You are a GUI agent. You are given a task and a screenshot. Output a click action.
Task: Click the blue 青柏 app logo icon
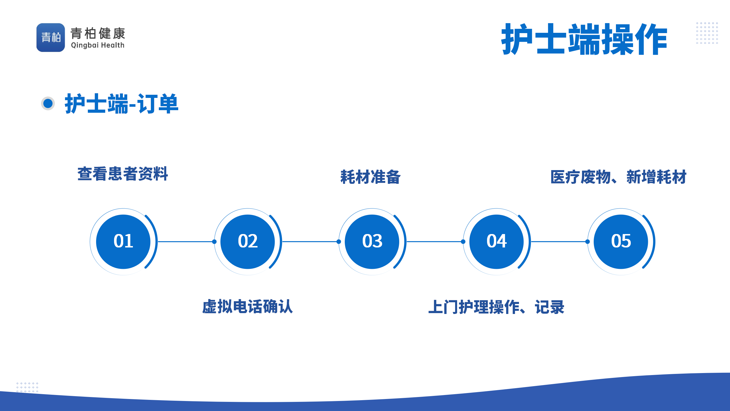(x=51, y=37)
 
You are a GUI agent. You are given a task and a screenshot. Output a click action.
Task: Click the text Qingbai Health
(x=98, y=45)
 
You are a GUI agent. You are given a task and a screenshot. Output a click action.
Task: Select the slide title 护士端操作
(x=584, y=39)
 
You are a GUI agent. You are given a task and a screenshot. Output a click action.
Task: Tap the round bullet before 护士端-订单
(x=48, y=103)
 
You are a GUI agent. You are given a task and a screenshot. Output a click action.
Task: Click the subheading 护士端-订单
(x=122, y=104)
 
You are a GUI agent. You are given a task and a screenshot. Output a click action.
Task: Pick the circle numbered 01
(x=123, y=242)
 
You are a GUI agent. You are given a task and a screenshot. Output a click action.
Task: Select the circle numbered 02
(x=248, y=242)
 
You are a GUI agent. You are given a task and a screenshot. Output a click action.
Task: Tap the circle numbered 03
(x=372, y=242)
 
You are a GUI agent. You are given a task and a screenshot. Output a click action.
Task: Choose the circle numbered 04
(x=496, y=242)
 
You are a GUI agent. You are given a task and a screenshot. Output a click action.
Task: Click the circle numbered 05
(x=621, y=242)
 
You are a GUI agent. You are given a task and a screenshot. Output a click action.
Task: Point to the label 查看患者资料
(x=123, y=174)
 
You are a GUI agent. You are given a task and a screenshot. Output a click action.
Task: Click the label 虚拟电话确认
(x=248, y=307)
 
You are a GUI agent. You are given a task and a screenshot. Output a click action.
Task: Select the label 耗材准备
(x=371, y=177)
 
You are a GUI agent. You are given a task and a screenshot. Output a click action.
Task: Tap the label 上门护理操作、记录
(x=496, y=307)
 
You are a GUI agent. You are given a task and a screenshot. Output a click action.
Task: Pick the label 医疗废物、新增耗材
(x=619, y=177)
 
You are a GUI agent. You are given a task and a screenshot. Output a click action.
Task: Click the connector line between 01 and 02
(x=186, y=242)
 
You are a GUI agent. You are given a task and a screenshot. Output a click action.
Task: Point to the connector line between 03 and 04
(x=435, y=242)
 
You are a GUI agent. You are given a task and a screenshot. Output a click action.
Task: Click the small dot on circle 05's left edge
(x=587, y=242)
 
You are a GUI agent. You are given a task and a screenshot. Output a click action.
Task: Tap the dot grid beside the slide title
(x=707, y=33)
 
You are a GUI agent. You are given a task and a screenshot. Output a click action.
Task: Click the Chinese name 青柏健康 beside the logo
(x=98, y=33)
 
